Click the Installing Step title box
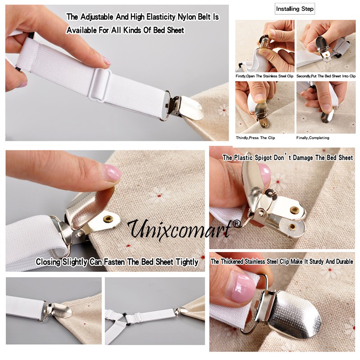coord(295,9)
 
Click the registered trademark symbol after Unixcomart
coord(237,224)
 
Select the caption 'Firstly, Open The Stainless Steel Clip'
coord(265,76)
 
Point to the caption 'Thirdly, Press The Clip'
coord(255,138)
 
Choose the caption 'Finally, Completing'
coord(313,138)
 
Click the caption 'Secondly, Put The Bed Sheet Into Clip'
coord(326,76)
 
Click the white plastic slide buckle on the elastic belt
coord(100,85)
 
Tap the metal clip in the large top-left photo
coord(184,106)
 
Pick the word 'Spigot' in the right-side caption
coord(262,158)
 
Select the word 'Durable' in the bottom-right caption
coord(344,261)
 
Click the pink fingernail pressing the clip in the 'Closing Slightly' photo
coord(112,172)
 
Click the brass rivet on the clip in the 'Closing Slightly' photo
coord(108,219)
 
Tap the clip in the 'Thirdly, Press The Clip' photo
coord(262,115)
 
